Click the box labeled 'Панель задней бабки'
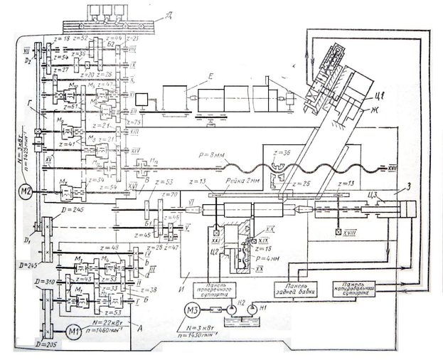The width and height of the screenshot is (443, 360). pos(296,290)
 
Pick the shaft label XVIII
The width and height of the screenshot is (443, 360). pos(349,232)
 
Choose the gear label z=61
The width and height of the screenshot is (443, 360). pos(70,107)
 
